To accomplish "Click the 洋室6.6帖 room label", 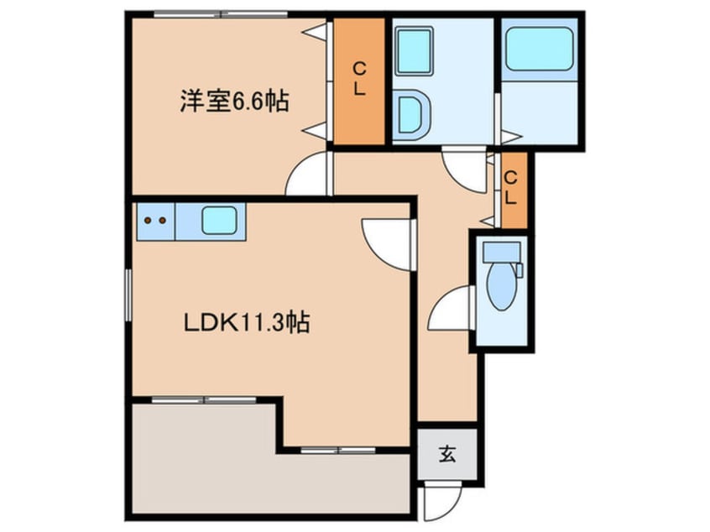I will (x=233, y=102).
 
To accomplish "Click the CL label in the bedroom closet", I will (x=358, y=79).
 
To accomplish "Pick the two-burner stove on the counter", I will (x=154, y=221).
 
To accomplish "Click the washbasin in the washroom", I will (x=412, y=114).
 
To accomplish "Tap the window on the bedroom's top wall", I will (x=221, y=14).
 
